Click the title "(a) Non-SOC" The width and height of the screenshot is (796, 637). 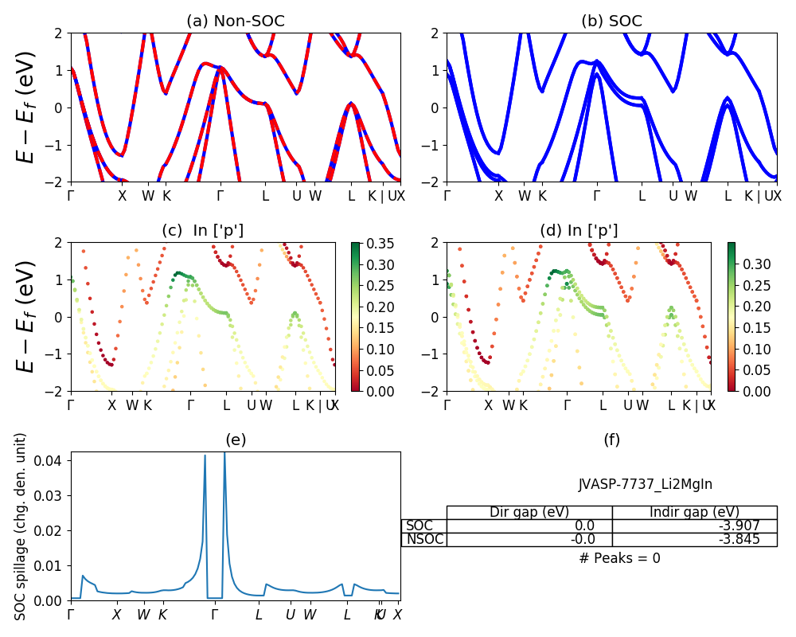235,21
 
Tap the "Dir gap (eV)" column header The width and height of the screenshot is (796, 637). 529,512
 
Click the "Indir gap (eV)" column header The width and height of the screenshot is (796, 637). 694,512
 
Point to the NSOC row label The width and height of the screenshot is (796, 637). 424,539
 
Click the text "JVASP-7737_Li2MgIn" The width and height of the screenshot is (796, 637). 640,483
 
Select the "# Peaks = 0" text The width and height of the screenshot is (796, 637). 619,558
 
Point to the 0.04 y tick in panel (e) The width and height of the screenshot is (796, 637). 52,460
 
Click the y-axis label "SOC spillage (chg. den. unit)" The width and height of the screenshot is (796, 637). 21,526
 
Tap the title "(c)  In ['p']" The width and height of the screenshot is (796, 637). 203,231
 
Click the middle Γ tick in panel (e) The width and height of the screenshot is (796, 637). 213,615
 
